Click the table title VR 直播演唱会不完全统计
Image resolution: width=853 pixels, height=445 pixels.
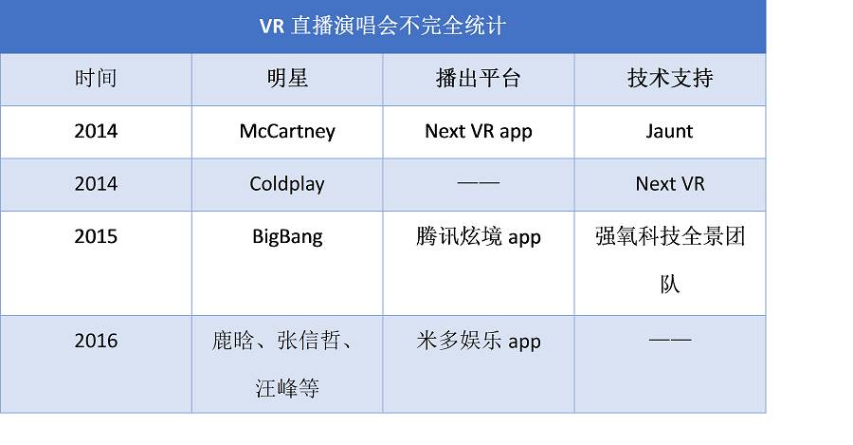[383, 26]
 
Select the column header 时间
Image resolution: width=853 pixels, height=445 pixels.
[96, 78]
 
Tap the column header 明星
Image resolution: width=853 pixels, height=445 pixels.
[287, 78]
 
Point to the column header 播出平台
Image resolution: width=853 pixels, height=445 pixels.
[479, 78]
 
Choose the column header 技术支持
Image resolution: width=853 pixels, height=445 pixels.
[670, 78]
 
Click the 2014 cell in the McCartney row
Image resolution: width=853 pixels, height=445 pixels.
[96, 131]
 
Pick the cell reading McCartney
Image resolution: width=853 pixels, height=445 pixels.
[287, 131]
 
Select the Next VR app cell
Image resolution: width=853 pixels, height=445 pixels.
[479, 131]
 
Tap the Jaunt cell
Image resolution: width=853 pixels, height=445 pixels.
[670, 131]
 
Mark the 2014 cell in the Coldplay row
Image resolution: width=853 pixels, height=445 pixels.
[96, 183]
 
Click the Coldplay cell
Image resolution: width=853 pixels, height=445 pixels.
[287, 184]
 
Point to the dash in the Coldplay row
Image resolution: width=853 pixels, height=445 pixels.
[479, 183]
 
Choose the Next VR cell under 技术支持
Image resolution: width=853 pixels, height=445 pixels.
[670, 183]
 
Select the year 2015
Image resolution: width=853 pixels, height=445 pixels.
[96, 236]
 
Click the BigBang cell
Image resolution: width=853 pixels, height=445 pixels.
[287, 237]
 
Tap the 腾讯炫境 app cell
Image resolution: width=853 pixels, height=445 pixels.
[479, 237]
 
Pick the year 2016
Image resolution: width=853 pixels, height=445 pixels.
[96, 341]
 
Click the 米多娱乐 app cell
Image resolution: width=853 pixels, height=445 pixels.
[479, 341]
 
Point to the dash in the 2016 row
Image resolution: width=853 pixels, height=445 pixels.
[670, 340]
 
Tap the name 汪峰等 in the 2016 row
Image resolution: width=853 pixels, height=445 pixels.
[287, 388]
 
